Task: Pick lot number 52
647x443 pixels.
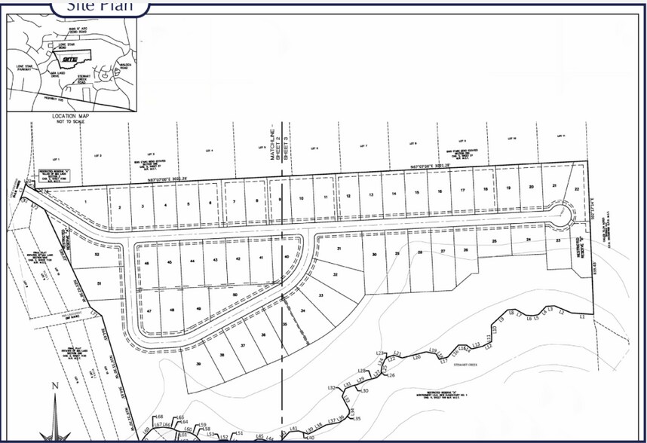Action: point(97,255)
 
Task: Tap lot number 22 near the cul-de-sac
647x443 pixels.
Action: point(577,189)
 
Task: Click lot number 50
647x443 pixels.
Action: point(235,295)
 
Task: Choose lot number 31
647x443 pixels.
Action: point(339,248)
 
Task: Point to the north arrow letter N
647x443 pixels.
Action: point(54,386)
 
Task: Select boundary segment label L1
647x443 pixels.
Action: point(581,318)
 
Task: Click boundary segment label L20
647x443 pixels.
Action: point(416,357)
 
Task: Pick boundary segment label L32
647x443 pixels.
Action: point(332,387)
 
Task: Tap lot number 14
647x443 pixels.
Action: point(394,194)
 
